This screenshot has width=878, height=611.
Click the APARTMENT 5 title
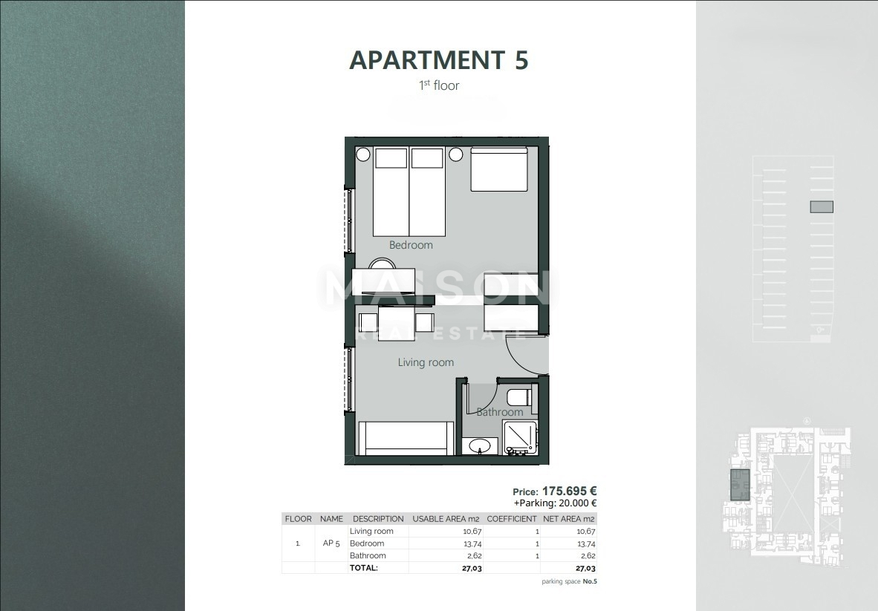click(438, 60)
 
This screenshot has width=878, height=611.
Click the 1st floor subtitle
click(439, 85)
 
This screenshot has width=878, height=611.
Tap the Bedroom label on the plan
click(411, 245)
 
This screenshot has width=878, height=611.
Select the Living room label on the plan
click(426, 362)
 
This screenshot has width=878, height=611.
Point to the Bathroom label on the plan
click(499, 412)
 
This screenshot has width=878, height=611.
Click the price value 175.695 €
click(569, 491)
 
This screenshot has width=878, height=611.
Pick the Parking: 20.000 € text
click(555, 503)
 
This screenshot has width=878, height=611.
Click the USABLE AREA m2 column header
click(446, 519)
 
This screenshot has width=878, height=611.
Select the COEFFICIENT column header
click(512, 519)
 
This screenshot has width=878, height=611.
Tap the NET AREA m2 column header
click(569, 519)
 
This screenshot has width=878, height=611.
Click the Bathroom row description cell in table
click(368, 555)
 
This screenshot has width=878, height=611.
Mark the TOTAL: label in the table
click(364, 568)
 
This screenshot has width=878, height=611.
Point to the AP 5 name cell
click(332, 543)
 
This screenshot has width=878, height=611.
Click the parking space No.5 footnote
click(569, 581)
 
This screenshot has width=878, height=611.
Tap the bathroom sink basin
click(480, 446)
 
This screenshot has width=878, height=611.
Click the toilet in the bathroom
click(519, 396)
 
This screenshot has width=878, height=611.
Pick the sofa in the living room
click(406, 438)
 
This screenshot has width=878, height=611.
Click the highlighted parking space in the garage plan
click(821, 207)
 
